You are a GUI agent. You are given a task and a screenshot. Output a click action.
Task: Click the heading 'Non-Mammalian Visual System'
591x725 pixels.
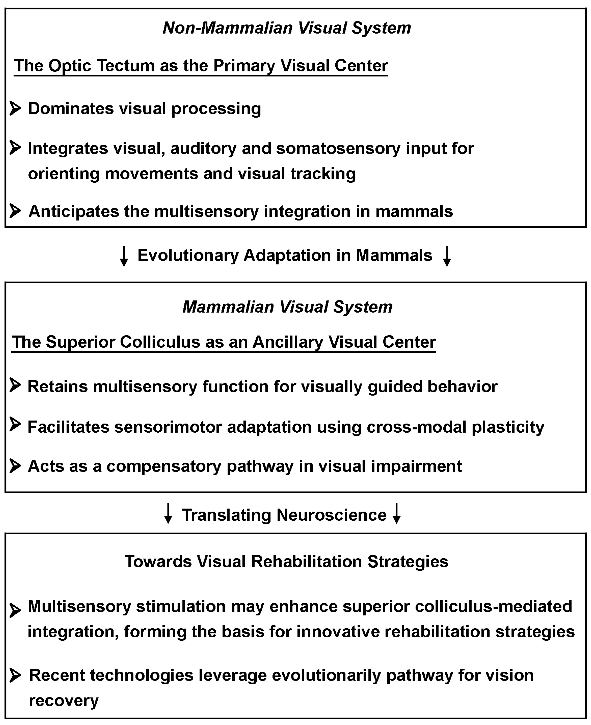287,28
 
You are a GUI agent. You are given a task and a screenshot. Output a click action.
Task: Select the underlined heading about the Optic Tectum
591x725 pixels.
201,66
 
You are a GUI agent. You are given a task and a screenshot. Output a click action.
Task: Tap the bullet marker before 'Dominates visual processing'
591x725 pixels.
15,108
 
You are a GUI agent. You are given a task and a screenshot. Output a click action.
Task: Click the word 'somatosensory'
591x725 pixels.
338,148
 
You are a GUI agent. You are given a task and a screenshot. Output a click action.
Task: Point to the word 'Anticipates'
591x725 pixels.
73,211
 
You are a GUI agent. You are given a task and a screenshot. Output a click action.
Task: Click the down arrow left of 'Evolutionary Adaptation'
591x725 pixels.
124,256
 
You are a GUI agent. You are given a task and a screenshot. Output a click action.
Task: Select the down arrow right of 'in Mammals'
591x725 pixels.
447,256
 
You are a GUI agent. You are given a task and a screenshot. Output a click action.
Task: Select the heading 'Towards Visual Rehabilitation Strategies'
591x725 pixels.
286,562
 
